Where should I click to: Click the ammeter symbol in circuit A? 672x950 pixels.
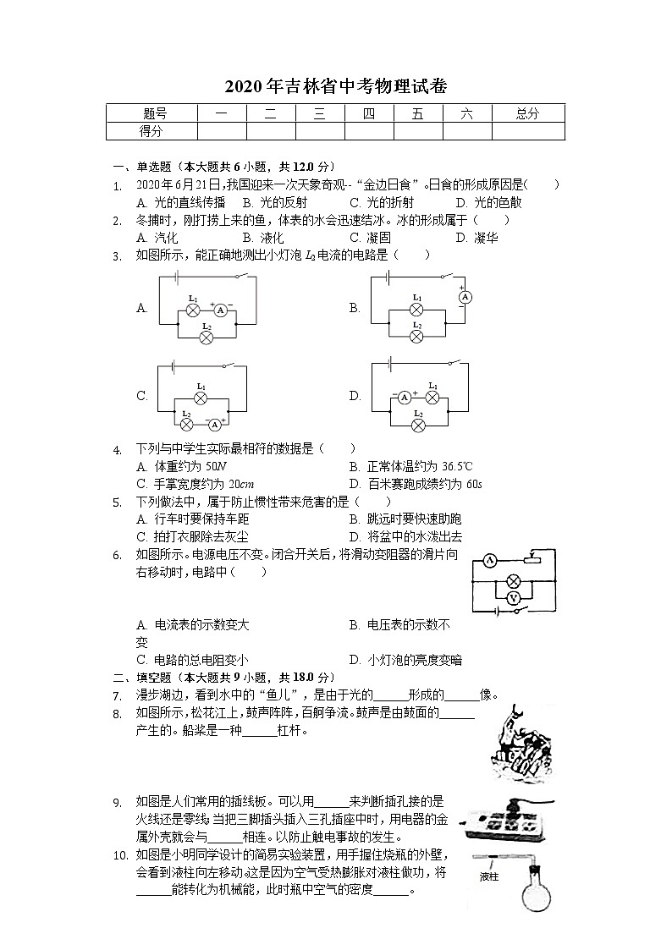[220, 310]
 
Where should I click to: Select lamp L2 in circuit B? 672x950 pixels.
[416, 336]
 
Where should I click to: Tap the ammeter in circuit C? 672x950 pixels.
[215, 424]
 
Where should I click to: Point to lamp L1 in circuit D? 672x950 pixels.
[433, 398]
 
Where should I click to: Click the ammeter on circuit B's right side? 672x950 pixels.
[463, 297]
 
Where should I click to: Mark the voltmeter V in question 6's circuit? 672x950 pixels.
[511, 597]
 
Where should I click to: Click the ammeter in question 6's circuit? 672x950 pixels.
[489, 560]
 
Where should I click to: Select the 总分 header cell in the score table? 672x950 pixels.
[527, 114]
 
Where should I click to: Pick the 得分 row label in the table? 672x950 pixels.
[151, 131]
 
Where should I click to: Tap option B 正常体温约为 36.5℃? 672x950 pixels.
[410, 466]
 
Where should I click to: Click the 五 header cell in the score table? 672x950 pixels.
[417, 114]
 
